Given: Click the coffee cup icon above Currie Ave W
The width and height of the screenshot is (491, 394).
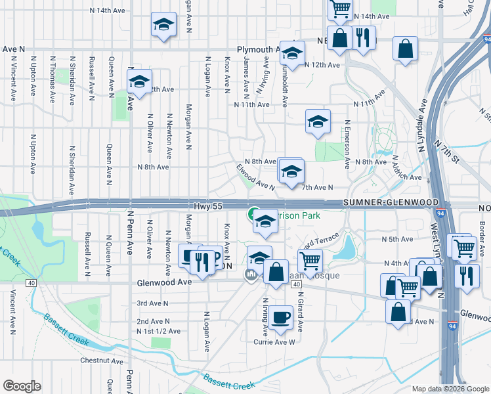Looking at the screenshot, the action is tap(280, 318).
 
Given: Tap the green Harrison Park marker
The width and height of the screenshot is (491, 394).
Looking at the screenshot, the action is tap(252, 213).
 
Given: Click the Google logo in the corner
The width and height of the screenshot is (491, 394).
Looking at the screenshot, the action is tap(22, 386).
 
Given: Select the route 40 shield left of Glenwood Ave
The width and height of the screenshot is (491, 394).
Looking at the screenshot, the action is tap(32, 283).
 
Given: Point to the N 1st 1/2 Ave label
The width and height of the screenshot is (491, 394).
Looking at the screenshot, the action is tap(158, 331).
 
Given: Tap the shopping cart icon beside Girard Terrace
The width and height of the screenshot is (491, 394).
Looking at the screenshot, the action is tap(310, 259).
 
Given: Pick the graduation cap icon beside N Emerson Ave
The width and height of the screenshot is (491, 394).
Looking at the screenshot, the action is tap(318, 121).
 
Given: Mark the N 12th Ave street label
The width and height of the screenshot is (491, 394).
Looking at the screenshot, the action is tap(323, 65).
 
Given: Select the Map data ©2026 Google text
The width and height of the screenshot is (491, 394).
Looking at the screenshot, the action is tap(450, 389).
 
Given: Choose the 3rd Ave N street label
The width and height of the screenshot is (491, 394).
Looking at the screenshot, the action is tap(152, 303).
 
